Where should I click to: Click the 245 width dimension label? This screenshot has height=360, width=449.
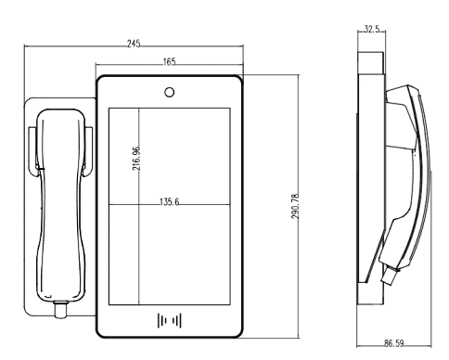134,44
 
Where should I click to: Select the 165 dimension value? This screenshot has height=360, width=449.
169,62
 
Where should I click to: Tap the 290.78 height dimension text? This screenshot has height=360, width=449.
295,206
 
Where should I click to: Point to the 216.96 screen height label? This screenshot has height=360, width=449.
136,159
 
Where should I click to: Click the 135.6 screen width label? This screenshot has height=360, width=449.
169,202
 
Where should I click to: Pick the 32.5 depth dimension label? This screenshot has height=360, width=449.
372,29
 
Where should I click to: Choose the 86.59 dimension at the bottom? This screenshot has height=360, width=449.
393,343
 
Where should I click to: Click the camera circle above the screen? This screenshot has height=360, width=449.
169,92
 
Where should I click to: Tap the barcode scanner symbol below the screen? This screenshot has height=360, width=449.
170,320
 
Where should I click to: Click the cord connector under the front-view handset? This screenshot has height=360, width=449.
61,309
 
